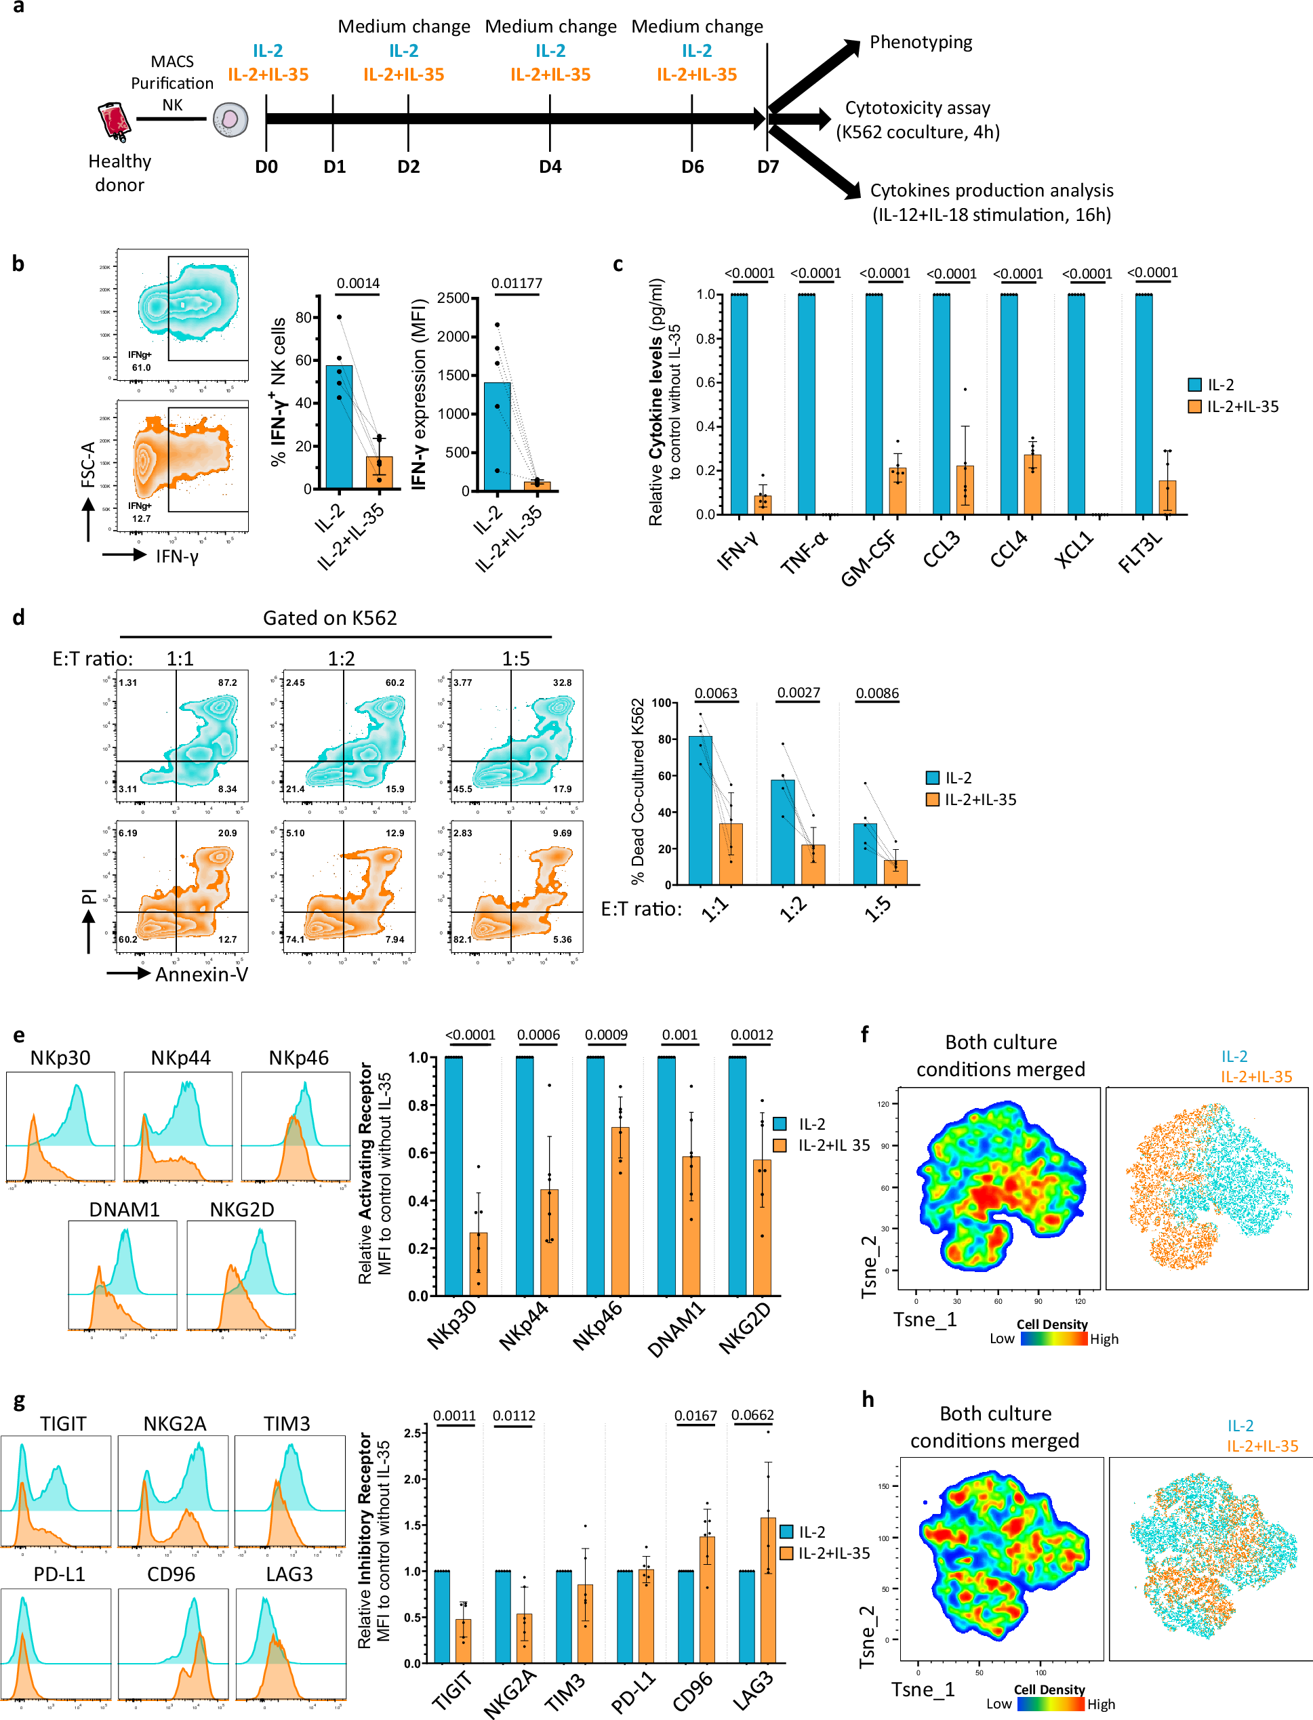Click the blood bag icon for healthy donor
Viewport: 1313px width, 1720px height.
pos(113,122)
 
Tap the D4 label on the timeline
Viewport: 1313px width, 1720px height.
pos(550,167)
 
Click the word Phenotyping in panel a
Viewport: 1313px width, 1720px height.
pos(921,42)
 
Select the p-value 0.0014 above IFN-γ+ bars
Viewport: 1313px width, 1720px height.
pos(358,283)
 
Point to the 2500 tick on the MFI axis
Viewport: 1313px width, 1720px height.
pos(453,298)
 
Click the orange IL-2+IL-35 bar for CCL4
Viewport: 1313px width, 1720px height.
pos(1032,485)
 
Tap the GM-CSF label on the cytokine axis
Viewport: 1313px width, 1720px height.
pos(869,557)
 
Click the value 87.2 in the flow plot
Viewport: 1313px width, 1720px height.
pos(228,682)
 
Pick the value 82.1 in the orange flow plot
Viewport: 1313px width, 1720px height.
pos(463,939)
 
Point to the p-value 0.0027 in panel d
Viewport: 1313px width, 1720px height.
pos(798,693)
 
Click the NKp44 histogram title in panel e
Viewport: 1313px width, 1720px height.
pos(180,1057)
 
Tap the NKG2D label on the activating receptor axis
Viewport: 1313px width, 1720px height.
pos(745,1328)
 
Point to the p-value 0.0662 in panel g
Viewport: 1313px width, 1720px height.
pos(752,1415)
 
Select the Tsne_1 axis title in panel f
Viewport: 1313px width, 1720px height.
pos(925,1320)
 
